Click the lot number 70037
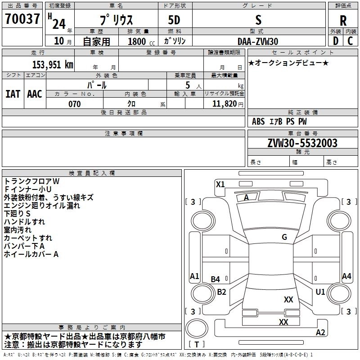[x=22, y=18]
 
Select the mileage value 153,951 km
[x=53, y=64]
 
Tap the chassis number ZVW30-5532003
[x=302, y=143]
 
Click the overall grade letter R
[x=343, y=21]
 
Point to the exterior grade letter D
[x=336, y=41]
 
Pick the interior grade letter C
[x=350, y=41]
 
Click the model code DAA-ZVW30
[x=258, y=41]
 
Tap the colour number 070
[x=75, y=104]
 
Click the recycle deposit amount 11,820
[x=224, y=104]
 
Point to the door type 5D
[x=174, y=20]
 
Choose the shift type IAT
[x=13, y=94]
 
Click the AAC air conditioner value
[x=35, y=94]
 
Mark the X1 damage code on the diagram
[x=220, y=184]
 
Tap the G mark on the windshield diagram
[x=284, y=237]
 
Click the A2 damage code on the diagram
[x=320, y=333]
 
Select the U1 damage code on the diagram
[x=320, y=292]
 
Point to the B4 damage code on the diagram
[x=216, y=279]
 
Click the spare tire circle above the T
[x=197, y=329]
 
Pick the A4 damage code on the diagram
[x=346, y=276]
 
